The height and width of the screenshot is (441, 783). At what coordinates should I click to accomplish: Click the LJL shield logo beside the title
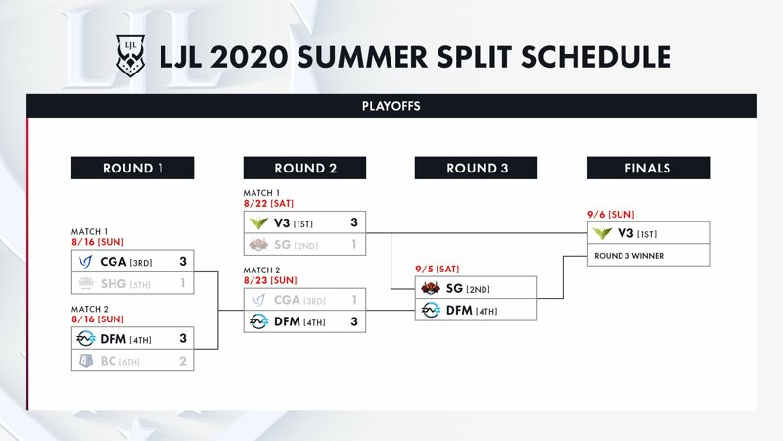[x=130, y=56]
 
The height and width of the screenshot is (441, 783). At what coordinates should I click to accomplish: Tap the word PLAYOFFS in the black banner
[x=391, y=106]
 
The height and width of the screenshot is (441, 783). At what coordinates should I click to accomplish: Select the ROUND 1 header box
[x=133, y=168]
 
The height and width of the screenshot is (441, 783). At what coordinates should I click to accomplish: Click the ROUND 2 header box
[x=304, y=168]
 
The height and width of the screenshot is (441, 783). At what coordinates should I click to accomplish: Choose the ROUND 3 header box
[x=476, y=168]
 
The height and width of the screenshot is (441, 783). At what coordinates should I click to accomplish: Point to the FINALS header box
[x=648, y=168]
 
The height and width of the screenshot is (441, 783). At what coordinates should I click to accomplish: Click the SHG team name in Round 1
[x=114, y=284]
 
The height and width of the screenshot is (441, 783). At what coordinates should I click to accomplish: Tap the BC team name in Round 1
[x=109, y=361]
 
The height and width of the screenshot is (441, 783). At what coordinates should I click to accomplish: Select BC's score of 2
[x=183, y=361]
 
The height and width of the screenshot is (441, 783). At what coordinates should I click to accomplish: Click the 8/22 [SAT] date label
[x=268, y=204]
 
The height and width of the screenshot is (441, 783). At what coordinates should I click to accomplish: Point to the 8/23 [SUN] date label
[x=270, y=280]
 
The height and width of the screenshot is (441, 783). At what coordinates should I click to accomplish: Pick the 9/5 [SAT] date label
[x=437, y=269]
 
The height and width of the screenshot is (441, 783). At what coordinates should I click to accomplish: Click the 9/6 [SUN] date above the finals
[x=611, y=215]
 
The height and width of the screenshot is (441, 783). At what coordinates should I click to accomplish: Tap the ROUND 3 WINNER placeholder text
[x=628, y=256]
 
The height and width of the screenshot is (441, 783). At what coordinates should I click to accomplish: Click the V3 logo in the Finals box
[x=602, y=233]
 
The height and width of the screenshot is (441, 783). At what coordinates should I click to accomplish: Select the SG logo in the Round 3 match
[x=431, y=288]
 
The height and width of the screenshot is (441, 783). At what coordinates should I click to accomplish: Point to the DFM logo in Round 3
[x=431, y=310]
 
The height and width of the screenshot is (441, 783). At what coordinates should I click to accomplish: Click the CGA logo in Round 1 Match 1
[x=86, y=261]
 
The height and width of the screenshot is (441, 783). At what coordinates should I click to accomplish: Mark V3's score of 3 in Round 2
[x=354, y=222]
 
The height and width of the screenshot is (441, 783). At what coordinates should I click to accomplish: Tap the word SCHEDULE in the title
[x=596, y=57]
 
